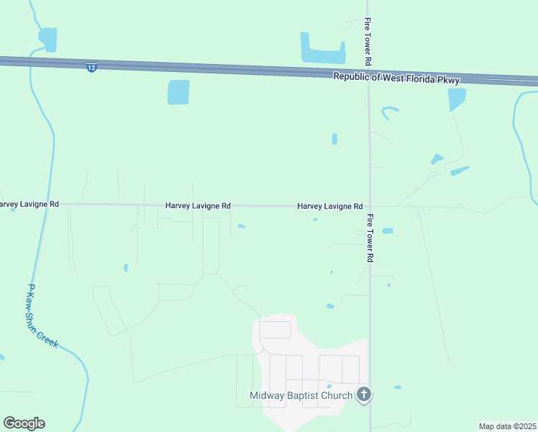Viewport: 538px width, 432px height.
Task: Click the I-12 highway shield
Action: [91, 67]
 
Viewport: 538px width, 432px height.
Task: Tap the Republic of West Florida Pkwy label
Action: [396, 78]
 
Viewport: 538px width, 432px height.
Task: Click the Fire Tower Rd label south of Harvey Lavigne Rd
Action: [369, 238]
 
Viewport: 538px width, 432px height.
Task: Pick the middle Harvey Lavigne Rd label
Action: [198, 205]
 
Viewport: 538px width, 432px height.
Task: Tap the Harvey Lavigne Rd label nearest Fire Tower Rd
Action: [330, 206]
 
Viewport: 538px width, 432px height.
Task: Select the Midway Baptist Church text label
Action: [301, 395]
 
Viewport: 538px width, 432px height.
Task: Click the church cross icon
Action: [365, 394]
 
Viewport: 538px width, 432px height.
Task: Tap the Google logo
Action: [24, 423]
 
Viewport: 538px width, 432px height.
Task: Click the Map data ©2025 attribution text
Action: [508, 426]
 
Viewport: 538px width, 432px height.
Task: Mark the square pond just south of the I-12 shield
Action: [178, 92]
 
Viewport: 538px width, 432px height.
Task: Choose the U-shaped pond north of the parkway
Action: [321, 50]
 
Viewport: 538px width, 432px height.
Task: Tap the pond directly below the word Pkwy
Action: [456, 99]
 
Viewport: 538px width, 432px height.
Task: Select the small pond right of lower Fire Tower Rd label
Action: [388, 231]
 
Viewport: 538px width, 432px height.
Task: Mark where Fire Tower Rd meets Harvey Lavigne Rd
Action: [370, 207]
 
